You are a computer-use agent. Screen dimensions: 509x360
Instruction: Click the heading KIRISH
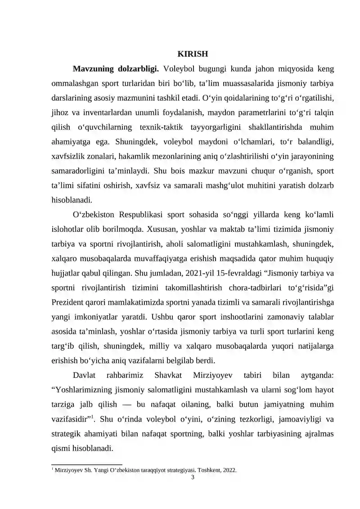coord(193,54)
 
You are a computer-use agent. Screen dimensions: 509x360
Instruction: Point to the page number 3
coord(193,477)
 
